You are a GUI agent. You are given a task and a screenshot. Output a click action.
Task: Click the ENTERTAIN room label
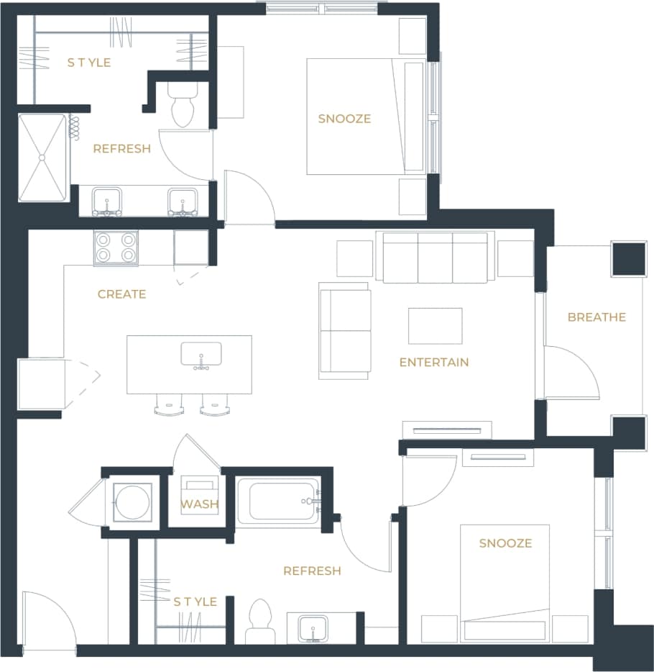coord(433,362)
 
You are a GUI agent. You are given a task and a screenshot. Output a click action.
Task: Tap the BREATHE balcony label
coord(597,317)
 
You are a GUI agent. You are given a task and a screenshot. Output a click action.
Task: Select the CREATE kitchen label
coord(121,294)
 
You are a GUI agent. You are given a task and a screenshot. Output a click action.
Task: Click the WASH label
coord(199,504)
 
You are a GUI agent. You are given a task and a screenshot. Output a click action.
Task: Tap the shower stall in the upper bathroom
coord(42,157)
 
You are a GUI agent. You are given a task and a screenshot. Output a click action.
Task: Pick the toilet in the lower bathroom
coord(259,622)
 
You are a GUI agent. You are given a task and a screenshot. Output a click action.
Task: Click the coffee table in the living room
coord(436,326)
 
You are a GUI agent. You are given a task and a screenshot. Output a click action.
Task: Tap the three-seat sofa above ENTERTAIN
coord(436,257)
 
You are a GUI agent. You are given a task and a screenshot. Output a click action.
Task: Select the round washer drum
coord(133,501)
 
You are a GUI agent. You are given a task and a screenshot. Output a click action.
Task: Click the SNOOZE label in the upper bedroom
coord(344,119)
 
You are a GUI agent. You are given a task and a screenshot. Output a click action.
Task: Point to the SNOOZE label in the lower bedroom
coord(505,542)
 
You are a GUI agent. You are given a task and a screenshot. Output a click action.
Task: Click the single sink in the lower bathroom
coord(313,626)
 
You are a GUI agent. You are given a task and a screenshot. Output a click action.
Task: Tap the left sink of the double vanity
coord(106,201)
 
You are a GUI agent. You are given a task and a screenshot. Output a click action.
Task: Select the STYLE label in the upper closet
coord(89,63)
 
